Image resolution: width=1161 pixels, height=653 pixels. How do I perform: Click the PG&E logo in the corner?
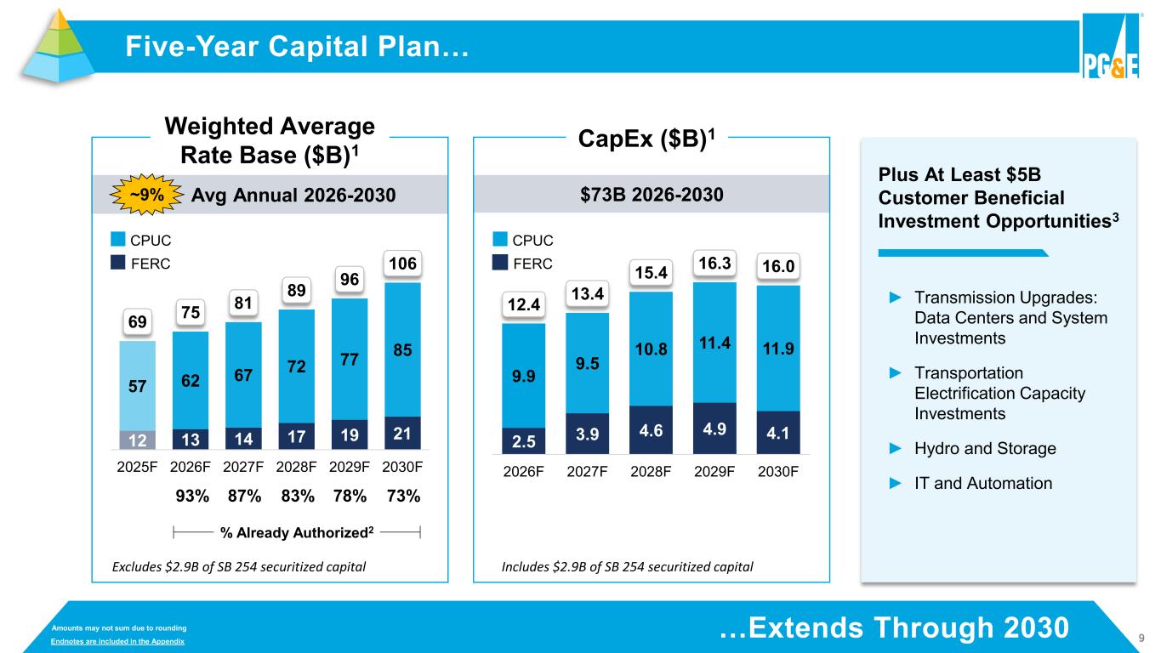[x=1109, y=48]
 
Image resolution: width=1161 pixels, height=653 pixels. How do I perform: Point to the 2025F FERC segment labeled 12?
[x=137, y=440]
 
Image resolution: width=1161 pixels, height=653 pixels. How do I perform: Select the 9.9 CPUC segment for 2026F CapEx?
[x=523, y=375]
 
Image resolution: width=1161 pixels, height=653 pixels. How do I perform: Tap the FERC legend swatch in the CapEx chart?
[x=499, y=263]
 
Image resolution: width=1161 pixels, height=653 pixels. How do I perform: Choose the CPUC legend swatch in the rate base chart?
[x=117, y=241]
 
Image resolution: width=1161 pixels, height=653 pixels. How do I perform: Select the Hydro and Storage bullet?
[x=984, y=448]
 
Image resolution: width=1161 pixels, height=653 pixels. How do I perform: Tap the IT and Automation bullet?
[x=982, y=483]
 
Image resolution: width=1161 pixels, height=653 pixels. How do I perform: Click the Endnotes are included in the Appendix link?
[x=118, y=640]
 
